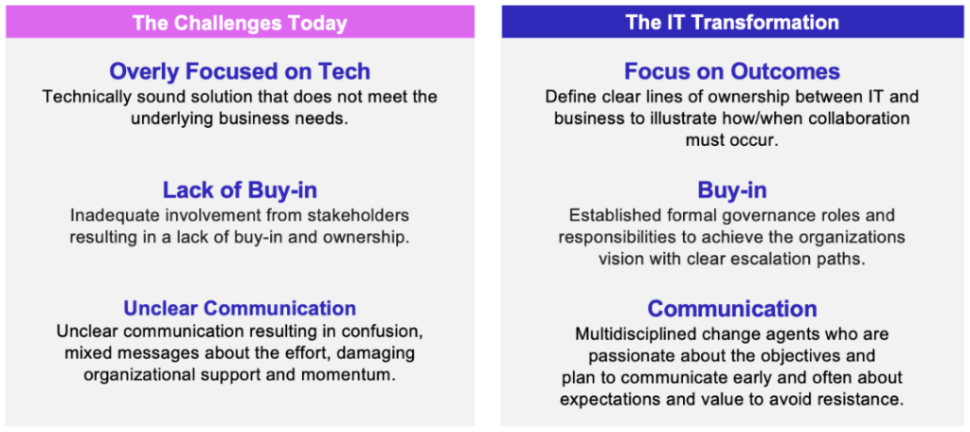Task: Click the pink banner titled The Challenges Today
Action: [240, 23]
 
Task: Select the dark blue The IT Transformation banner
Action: [732, 23]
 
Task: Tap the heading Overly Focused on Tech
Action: [240, 71]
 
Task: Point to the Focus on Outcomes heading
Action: [732, 71]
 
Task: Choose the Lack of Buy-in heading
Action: [240, 190]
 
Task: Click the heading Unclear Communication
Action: [240, 308]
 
